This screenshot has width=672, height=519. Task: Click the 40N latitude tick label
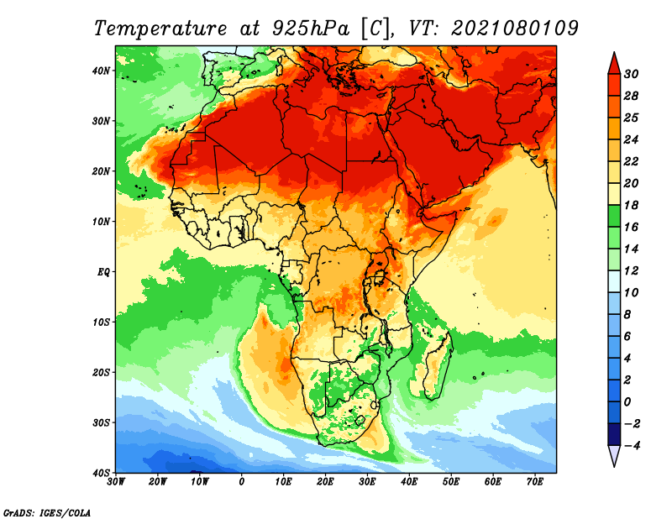[x=101, y=71]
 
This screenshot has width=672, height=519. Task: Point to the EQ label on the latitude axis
[x=103, y=272]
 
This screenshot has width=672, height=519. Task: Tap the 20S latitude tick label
[x=101, y=372]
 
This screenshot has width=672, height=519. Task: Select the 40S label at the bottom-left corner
[x=101, y=473]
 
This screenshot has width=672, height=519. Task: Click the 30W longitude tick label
[x=116, y=482]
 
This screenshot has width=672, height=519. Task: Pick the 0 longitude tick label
[x=242, y=482]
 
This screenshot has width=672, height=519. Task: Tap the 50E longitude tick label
[x=451, y=482]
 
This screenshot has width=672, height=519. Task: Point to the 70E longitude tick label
[x=535, y=482]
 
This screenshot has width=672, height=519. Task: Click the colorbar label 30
[x=631, y=74]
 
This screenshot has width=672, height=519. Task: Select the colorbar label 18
[x=631, y=205]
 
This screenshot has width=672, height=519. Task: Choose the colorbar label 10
[x=631, y=293]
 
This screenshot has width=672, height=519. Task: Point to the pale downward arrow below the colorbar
[x=614, y=454]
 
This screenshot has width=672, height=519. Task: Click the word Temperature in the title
[x=160, y=29]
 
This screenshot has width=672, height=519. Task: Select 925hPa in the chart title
[x=311, y=29]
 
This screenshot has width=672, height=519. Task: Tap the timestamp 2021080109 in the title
[x=515, y=29]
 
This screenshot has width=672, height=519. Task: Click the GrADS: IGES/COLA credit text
[x=47, y=512]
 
